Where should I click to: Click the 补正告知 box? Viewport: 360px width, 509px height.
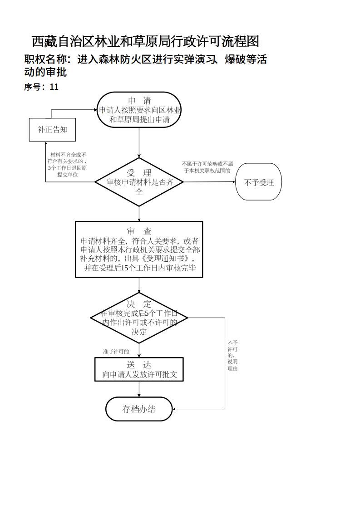pyautogui.click(x=52, y=130)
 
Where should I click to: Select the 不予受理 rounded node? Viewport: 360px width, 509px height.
pyautogui.click(x=259, y=182)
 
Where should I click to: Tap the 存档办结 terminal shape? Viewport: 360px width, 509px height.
pyautogui.click(x=139, y=409)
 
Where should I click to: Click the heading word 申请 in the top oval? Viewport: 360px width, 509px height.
pyautogui.click(x=139, y=101)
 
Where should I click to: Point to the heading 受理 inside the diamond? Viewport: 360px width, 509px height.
pyautogui.click(x=139, y=173)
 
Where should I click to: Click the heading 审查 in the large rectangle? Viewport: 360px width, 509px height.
pyautogui.click(x=139, y=231)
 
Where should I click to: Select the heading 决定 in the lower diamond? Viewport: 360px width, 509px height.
pyautogui.click(x=139, y=304)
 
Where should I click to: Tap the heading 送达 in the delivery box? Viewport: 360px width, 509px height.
pyautogui.click(x=139, y=365)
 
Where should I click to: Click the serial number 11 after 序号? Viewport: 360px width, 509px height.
pyautogui.click(x=54, y=87)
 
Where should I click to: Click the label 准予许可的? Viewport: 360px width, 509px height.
pyautogui.click(x=116, y=352)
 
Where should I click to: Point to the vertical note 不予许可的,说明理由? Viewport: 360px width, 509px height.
pyautogui.click(x=232, y=356)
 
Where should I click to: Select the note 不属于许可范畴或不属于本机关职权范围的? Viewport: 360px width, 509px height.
pyautogui.click(x=207, y=167)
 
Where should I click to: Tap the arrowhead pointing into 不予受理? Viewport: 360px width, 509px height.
pyautogui.click(x=233, y=182)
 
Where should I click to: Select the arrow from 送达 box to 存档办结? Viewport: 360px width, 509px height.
pyautogui.click(x=139, y=389)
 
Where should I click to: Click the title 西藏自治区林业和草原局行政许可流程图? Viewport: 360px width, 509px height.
pyautogui.click(x=145, y=42)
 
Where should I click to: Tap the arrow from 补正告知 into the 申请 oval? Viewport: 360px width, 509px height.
pyautogui.click(x=73, y=110)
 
